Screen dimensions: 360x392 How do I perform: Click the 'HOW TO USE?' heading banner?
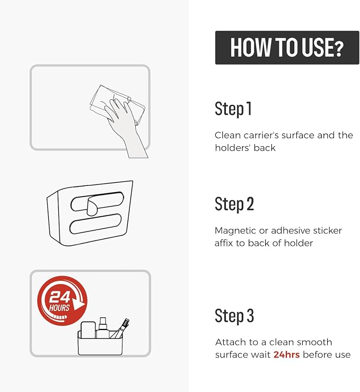coord(287,48)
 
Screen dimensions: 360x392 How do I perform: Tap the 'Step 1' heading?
coord(233,109)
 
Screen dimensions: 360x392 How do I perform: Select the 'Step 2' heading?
coord(234,204)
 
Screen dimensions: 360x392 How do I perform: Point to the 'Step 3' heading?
coord(234,316)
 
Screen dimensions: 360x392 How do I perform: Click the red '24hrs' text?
coord(286,354)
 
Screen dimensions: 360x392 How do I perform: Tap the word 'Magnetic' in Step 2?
coord(235,231)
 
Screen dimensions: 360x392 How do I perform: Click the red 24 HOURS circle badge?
coord(62,301)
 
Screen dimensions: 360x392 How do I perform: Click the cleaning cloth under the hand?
coord(117,105)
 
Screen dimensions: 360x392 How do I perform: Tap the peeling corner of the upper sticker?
coord(93,206)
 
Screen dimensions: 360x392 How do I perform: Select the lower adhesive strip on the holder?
coord(95,224)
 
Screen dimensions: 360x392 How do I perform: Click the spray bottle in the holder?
coord(103,327)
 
